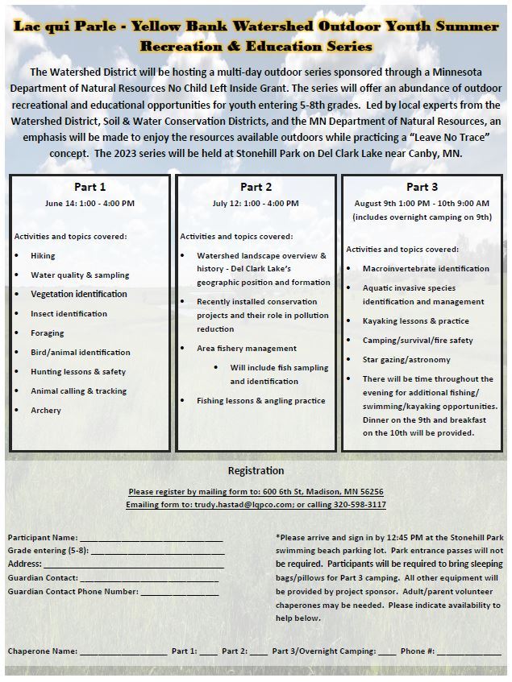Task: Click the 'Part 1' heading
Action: [89, 188]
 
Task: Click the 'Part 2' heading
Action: [256, 188]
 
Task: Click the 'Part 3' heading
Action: [422, 188]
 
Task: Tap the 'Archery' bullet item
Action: [46, 411]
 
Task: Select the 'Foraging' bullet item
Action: [48, 333]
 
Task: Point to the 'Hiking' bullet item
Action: [44, 256]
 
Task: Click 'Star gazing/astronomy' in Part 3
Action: [406, 360]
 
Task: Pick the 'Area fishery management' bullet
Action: [247, 349]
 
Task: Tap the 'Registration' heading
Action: [256, 471]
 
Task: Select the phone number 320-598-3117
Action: [360, 505]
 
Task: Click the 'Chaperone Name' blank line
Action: [123, 651]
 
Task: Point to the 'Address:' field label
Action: [24, 564]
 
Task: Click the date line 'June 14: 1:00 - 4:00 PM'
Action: [89, 204]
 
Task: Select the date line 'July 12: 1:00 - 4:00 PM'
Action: [256, 204]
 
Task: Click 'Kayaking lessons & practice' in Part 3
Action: [415, 321]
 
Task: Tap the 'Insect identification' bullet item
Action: [69, 314]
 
